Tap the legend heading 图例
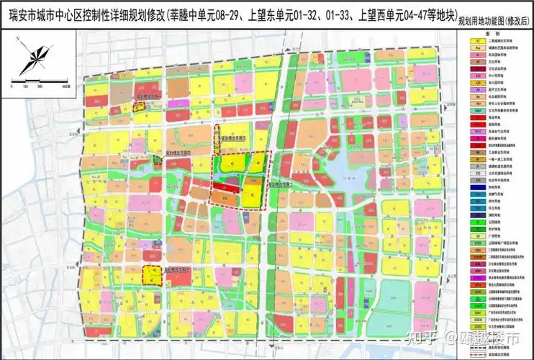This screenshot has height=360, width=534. tap(495, 35)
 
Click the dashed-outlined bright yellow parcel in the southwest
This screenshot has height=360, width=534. tap(151, 275)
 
